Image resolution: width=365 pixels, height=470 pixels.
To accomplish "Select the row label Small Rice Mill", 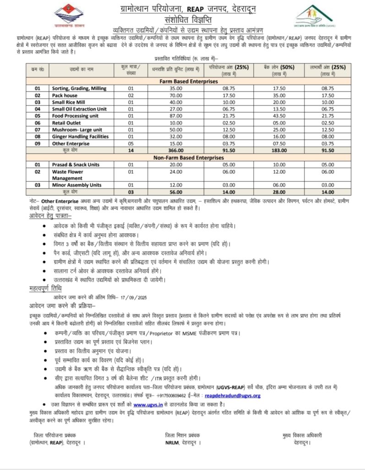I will coord(69,102).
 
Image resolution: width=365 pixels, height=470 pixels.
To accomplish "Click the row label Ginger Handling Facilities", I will coord(80,136).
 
